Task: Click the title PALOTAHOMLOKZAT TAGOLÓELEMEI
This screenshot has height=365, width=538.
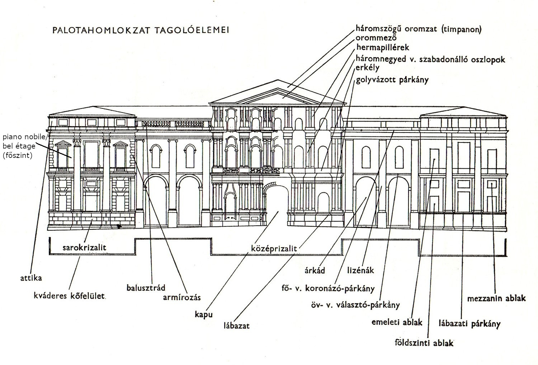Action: [141, 30]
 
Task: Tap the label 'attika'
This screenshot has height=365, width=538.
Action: [31, 278]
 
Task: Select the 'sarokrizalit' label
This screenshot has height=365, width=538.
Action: [84, 247]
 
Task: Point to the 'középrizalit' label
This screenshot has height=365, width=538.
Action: [274, 247]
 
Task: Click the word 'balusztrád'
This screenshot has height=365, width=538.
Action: [146, 288]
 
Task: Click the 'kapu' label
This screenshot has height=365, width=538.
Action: [203, 314]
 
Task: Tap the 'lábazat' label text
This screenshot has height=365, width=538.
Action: [236, 326]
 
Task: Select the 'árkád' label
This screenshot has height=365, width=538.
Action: [315, 270]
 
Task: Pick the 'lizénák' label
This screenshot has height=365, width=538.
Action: [360, 270]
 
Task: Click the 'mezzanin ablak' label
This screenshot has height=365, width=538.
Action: [496, 298]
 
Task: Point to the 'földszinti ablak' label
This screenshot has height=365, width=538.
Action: [424, 343]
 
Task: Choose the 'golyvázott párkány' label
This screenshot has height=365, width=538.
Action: [392, 80]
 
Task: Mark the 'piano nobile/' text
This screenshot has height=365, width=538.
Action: [25, 137]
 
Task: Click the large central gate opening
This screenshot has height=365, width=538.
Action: [277, 208]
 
